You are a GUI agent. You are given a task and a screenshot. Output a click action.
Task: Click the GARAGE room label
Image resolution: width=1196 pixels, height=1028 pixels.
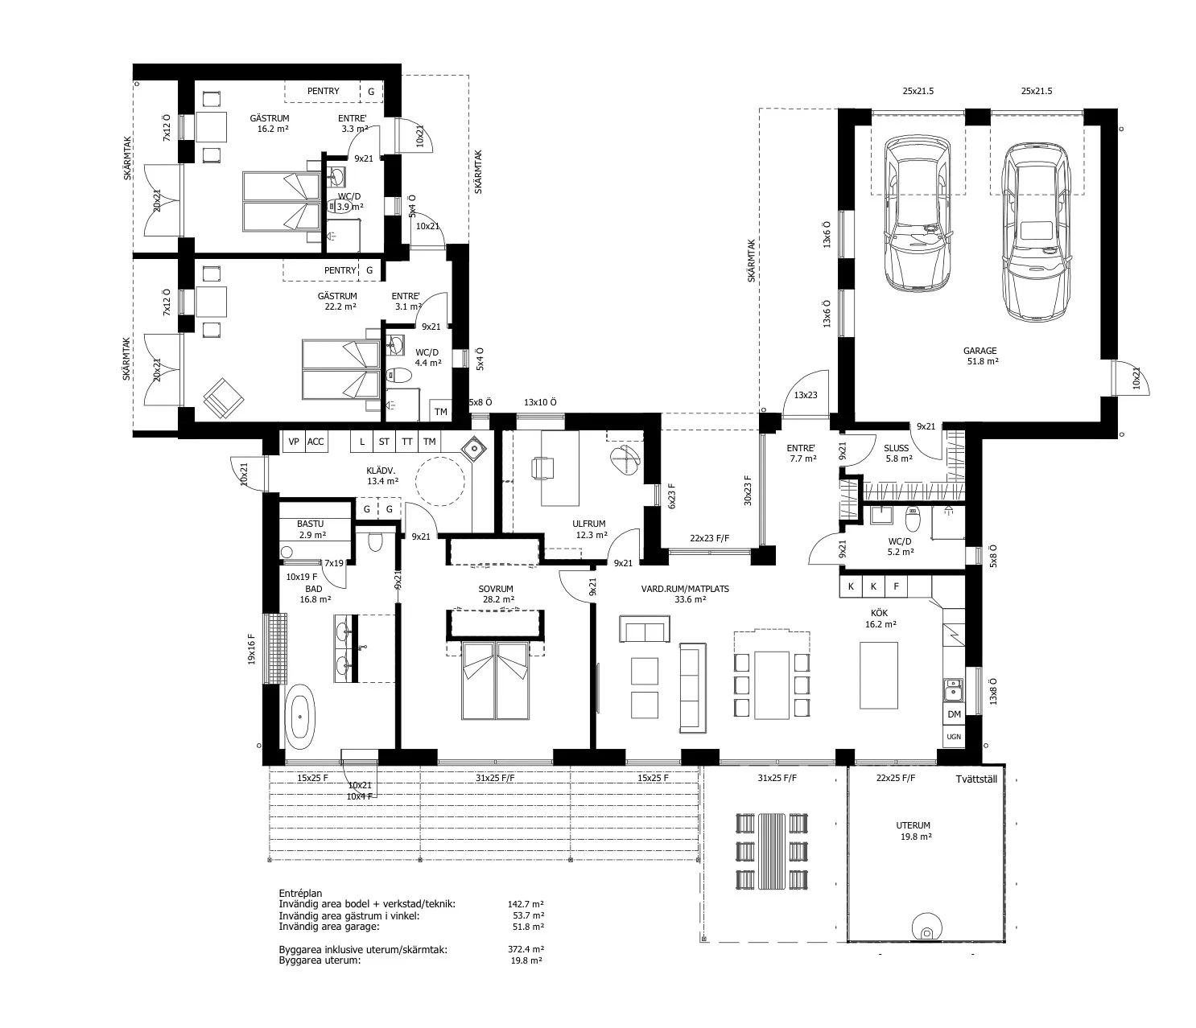point(979,351)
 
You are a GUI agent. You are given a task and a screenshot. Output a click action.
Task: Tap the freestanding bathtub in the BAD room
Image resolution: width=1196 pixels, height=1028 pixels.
point(299,718)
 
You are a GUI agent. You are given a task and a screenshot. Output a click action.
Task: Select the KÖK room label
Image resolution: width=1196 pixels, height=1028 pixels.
point(880,613)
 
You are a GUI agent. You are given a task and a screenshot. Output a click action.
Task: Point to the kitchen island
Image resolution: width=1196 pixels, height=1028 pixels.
point(878,675)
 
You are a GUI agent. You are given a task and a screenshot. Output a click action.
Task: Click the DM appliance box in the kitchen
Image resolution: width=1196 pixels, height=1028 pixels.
point(954,714)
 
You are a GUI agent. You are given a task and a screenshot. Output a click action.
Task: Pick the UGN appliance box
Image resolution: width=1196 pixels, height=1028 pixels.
point(954,737)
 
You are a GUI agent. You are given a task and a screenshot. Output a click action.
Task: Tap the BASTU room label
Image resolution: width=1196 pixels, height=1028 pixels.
point(310,524)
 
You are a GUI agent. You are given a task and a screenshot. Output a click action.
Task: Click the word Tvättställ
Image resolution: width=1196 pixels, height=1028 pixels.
point(976,779)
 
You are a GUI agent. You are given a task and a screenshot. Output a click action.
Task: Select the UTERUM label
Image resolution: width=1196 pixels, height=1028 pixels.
point(913,825)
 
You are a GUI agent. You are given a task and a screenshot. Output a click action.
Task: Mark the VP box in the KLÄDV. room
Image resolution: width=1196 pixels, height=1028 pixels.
point(293,442)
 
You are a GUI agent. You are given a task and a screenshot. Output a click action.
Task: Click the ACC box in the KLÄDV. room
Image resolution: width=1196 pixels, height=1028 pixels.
point(315,442)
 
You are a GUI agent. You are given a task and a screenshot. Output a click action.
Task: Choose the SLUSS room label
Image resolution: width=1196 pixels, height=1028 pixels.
point(897,448)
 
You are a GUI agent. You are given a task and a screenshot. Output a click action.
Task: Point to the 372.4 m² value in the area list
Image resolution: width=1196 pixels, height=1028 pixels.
point(526,949)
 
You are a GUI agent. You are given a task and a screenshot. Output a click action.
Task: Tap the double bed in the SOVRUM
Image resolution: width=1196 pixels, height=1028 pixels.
point(495,681)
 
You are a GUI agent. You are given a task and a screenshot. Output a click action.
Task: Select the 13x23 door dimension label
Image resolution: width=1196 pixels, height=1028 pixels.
point(806,396)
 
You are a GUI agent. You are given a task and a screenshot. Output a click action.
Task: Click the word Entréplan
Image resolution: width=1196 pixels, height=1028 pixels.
point(300,894)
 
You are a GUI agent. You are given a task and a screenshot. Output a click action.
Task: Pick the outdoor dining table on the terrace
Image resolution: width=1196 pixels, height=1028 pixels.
point(772,851)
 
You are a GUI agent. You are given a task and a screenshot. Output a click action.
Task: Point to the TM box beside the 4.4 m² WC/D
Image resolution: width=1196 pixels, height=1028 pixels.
point(440,412)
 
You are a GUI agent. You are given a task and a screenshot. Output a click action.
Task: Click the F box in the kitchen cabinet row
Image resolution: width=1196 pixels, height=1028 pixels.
point(896,586)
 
